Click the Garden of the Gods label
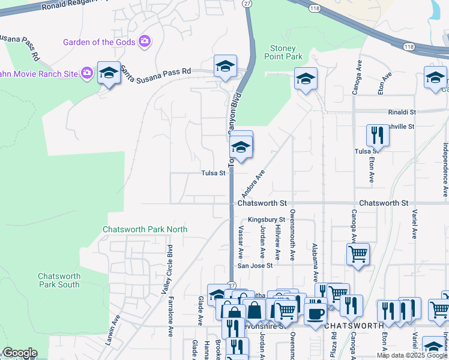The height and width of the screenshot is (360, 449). (x=99, y=41)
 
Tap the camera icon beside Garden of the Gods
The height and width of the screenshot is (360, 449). (x=144, y=41)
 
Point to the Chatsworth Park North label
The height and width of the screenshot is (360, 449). (x=145, y=229)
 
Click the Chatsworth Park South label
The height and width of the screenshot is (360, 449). (x=59, y=280)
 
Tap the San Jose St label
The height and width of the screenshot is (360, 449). (x=255, y=265)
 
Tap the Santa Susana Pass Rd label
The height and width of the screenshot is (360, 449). (x=156, y=71)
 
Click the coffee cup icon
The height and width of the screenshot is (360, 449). (x=315, y=313)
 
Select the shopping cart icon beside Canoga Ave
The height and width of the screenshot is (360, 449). (x=358, y=254)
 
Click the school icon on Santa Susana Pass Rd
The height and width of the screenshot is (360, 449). (x=226, y=66)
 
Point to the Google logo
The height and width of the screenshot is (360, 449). (x=20, y=353)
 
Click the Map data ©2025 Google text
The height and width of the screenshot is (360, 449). (x=412, y=355)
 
